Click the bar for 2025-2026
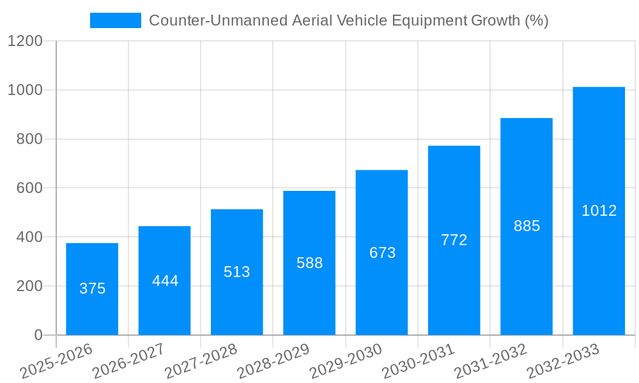pos(92,289)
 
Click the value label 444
pos(165,281)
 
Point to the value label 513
pos(237,272)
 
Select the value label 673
pos(382,253)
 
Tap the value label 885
pos(527,226)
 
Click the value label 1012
pos(599,211)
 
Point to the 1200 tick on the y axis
pos(25,41)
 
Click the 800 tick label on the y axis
pos(29,139)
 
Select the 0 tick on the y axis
pos(38,335)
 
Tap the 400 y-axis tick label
pos(29,237)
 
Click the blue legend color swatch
pos(116,20)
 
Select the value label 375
pos(92,289)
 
